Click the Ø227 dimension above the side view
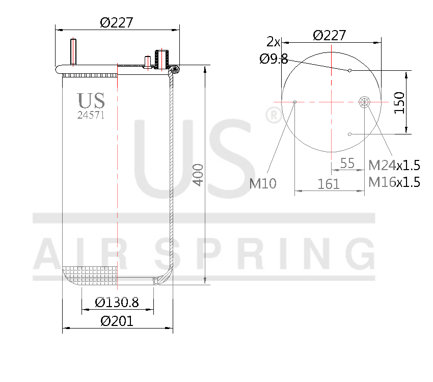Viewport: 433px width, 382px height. tap(117, 22)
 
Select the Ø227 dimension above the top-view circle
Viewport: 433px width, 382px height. tap(330, 35)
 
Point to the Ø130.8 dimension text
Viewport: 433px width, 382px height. tap(117, 302)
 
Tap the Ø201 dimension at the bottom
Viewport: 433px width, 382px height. tap(117, 321)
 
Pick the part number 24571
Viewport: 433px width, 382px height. tap(91, 115)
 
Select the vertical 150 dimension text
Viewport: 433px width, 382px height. tap(398, 103)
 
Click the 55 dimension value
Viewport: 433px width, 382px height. tap(347, 163)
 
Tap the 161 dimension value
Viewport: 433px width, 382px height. tap(329, 184)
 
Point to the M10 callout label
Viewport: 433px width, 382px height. tap(263, 183)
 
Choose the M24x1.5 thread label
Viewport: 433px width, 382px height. tap(394, 165)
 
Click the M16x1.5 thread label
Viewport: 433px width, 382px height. tap(394, 182)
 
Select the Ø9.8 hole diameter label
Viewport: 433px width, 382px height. tap(274, 59)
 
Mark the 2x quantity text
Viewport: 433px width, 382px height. tap(274, 41)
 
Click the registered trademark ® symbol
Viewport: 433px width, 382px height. tap(273, 116)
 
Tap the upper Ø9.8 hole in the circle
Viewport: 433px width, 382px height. tap(349, 70)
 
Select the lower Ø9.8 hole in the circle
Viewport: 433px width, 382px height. tap(349, 134)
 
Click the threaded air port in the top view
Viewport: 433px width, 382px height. tap(365, 102)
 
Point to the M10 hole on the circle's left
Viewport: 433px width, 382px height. tap(295, 102)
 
